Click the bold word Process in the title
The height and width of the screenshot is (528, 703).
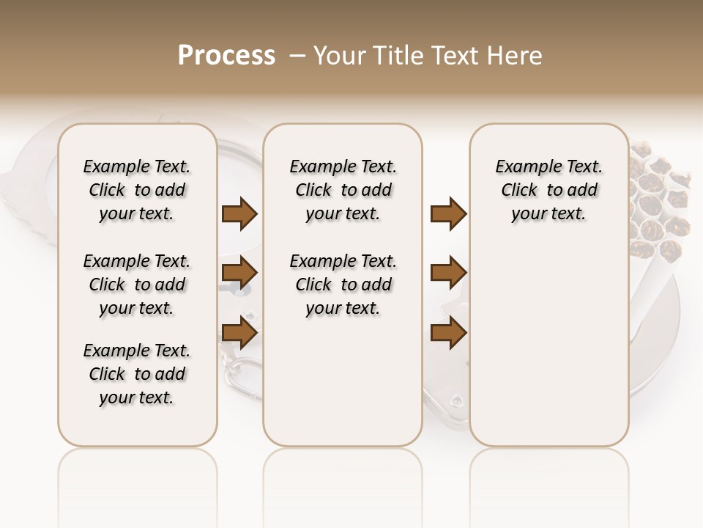(226, 56)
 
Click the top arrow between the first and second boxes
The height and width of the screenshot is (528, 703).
(239, 213)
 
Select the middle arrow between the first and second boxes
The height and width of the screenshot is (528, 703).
(239, 273)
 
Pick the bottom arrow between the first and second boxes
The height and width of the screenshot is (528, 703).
(239, 332)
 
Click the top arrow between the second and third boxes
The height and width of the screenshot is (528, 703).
(448, 213)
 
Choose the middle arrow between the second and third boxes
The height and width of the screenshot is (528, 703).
(448, 273)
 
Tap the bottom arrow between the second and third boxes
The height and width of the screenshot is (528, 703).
(448, 332)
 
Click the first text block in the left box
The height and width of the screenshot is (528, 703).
(137, 190)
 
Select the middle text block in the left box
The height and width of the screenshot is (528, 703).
(137, 285)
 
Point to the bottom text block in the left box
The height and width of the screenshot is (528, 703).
(137, 374)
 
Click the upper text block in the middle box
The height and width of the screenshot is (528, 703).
(343, 190)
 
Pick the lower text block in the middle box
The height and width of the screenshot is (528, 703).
(343, 285)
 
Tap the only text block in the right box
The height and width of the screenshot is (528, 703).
(549, 190)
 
